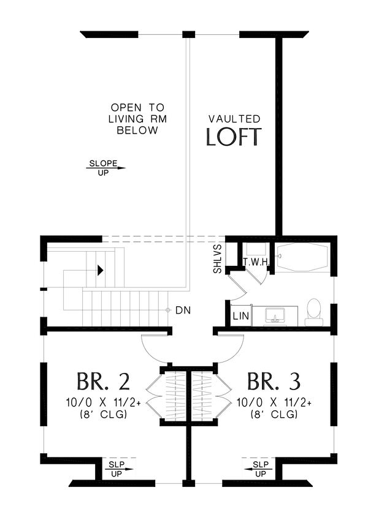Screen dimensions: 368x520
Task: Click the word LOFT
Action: (234, 137)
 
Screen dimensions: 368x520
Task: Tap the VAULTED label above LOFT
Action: (234, 119)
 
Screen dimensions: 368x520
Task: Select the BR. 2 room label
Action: (103, 382)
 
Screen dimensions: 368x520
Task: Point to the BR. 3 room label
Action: (274, 382)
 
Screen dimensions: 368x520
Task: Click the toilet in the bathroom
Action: (314, 312)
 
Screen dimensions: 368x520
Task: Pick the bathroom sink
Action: (275, 315)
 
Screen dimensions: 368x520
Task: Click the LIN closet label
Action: (241, 315)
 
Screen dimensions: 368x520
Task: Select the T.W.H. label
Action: (256, 262)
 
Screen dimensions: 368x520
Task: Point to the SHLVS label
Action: (218, 259)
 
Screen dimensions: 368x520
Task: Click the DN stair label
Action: (183, 311)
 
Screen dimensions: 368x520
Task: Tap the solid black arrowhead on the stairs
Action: (101, 270)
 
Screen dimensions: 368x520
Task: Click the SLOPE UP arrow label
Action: (105, 168)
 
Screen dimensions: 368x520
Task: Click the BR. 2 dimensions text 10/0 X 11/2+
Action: (103, 402)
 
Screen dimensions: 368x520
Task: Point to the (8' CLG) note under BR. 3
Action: (274, 414)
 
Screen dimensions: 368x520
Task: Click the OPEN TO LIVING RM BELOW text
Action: (137, 119)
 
